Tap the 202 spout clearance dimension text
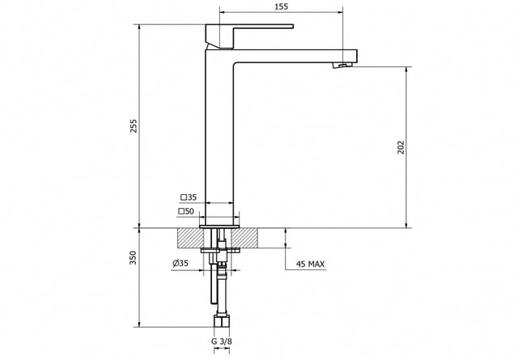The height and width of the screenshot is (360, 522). (x=399, y=146)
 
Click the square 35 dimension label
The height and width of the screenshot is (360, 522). (x=189, y=197)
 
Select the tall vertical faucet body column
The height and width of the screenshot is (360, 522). (x=220, y=138)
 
